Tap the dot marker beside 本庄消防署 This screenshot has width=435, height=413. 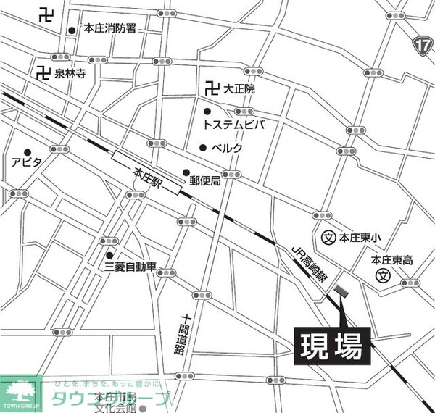click(x=72, y=30)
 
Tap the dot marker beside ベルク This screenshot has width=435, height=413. click(x=203, y=148)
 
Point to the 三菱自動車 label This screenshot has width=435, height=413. click(x=130, y=267)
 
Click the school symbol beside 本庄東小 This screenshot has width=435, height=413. click(x=328, y=237)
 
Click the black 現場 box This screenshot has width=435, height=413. click(x=333, y=346)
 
